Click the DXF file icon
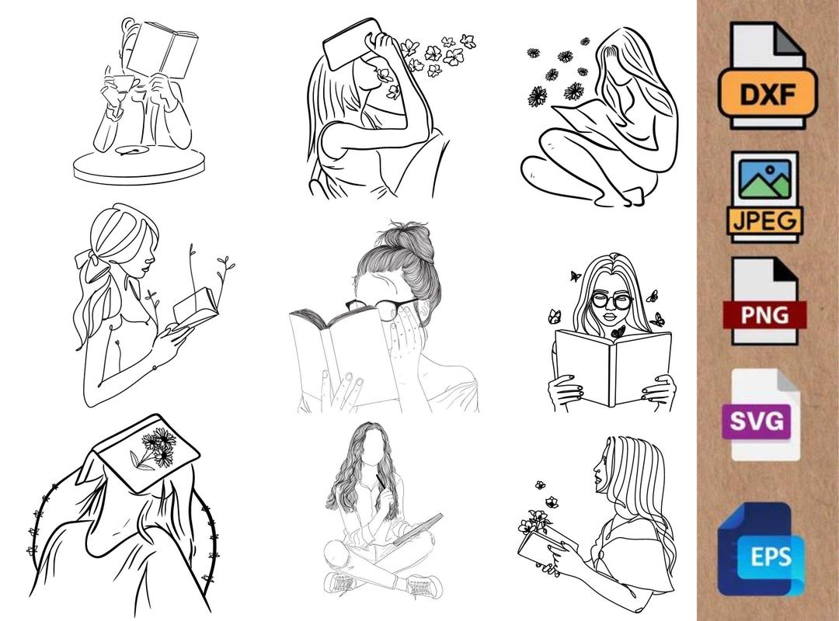pos(766,75)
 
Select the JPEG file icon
pos(765,196)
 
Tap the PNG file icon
pos(765,301)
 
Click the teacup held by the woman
pos(124,84)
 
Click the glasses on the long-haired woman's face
pos(611,300)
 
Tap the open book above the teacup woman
pos(162,48)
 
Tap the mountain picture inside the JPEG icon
pos(764,180)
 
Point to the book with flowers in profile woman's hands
pos(544,543)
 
